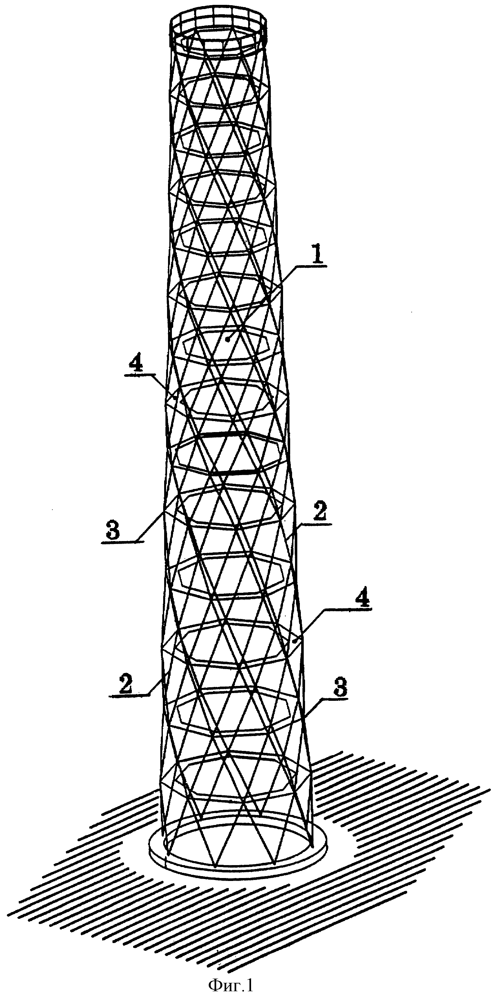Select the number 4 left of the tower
(x=138, y=364)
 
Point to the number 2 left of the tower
(x=123, y=685)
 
